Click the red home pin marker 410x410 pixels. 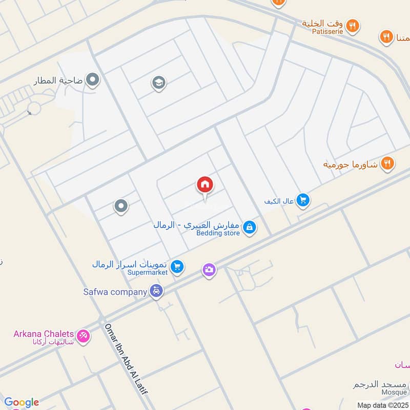(x=205, y=185)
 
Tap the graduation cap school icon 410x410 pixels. (x=159, y=83)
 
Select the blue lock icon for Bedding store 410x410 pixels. (x=250, y=227)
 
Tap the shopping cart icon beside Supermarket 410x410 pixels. (x=177, y=266)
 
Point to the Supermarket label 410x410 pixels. (x=148, y=273)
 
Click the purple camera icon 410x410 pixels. (x=209, y=270)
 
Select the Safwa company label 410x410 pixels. (x=115, y=292)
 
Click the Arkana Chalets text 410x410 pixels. (x=44, y=334)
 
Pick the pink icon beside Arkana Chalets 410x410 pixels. (x=83, y=337)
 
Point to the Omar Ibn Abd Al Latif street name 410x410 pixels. (x=126, y=359)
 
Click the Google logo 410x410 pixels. (x=22, y=402)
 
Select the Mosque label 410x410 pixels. (x=394, y=392)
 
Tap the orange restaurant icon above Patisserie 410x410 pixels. (x=353, y=25)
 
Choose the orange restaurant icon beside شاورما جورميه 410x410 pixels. (x=387, y=163)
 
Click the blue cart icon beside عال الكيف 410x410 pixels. (x=303, y=201)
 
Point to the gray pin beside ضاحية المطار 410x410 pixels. (x=93, y=79)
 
